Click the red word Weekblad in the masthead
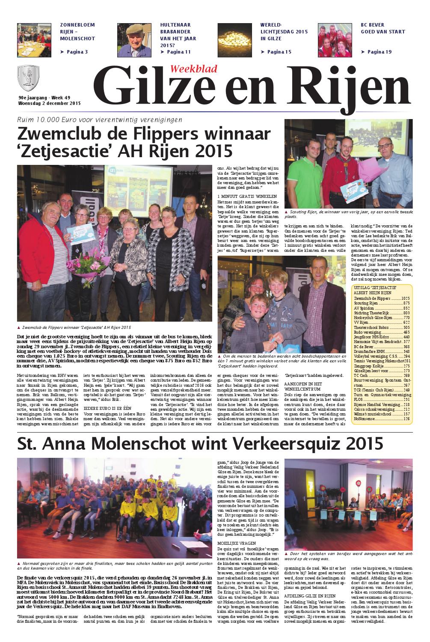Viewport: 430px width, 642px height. [194, 69]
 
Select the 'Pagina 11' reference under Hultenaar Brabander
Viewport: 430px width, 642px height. [175, 52]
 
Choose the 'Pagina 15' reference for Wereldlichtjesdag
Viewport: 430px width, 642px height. [276, 52]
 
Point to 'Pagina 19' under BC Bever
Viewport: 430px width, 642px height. [377, 52]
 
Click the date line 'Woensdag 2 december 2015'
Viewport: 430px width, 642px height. [49, 104]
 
